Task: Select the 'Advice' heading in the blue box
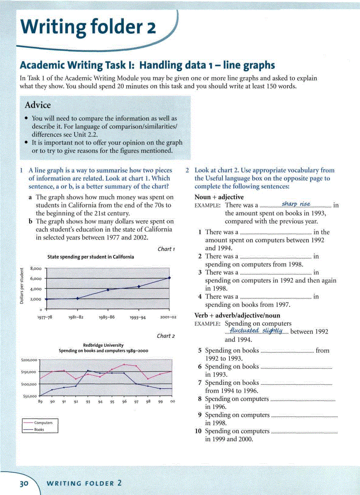click(38, 105)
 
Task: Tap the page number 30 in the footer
click(23, 483)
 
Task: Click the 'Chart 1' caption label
click(166, 249)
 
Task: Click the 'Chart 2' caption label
click(166, 336)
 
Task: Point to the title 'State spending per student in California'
click(90, 257)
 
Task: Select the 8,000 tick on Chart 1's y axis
click(35, 268)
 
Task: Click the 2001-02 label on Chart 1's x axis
click(168, 317)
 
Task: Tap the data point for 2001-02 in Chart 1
click(170, 278)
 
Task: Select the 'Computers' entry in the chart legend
click(43, 423)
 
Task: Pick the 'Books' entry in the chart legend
click(39, 429)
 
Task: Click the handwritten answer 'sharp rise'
click(296, 204)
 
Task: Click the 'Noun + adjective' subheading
click(219, 197)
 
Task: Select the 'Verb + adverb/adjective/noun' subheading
click(237, 316)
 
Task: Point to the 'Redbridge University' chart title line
click(103, 345)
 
